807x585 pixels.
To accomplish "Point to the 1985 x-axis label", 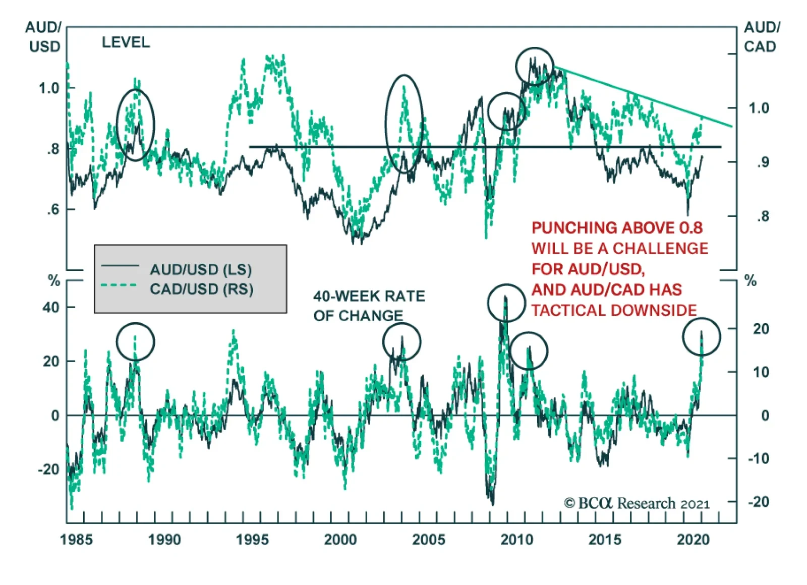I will tap(76, 540).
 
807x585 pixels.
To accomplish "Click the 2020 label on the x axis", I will tap(693, 540).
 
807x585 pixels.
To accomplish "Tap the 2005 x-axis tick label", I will tap(428, 540).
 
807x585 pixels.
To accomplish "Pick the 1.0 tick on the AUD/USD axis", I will tap(49, 88).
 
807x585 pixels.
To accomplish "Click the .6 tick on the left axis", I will tap(52, 209).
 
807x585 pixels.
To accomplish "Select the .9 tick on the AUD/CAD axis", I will tap(763, 162).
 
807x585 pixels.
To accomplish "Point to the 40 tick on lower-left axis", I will tap(51, 307).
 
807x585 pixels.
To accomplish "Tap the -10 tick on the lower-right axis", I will tap(758, 458).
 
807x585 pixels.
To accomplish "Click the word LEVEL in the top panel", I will tap(126, 42).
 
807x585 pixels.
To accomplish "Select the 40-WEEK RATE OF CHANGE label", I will tap(369, 306).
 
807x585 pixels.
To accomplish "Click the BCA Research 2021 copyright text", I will tap(637, 503).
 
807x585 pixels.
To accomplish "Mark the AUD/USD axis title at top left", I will tap(44, 37).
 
